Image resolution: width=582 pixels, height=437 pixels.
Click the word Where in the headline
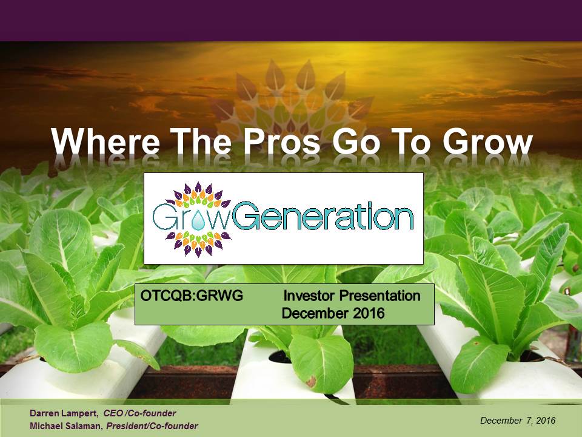pos(105,142)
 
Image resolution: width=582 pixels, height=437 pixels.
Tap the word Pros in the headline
pos(281,142)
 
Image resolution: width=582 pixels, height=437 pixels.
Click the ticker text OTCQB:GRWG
pos(192,296)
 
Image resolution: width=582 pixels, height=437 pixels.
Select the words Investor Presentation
pos(352,296)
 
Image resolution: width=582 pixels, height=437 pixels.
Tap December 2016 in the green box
pos(333,313)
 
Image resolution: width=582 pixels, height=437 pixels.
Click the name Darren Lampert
pos(64,413)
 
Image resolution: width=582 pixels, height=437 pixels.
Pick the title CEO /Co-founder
pos(139,413)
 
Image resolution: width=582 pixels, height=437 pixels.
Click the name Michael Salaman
pos(65,426)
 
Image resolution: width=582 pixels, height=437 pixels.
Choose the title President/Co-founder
pos(152,426)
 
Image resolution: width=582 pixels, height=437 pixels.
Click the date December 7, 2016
pos(518,420)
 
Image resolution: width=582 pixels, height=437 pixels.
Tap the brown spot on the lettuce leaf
pos(310,381)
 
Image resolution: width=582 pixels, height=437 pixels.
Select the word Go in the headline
pos(356,142)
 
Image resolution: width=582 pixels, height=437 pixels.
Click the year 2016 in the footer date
pos(546,420)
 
